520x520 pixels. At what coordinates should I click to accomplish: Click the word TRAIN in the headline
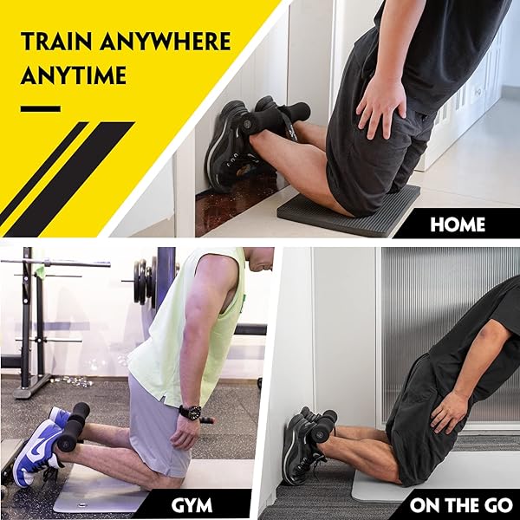point(56,41)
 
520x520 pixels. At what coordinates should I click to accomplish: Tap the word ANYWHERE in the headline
point(166,41)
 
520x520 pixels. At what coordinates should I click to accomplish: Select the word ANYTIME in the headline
point(74,75)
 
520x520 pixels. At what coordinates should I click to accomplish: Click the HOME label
point(458,224)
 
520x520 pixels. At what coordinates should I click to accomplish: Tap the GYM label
point(192,505)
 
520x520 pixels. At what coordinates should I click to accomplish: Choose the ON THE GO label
point(461,505)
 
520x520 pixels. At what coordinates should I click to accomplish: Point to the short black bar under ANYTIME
point(41,108)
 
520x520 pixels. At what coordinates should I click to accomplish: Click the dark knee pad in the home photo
point(348,212)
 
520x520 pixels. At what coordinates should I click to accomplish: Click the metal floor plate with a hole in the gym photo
point(100,496)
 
